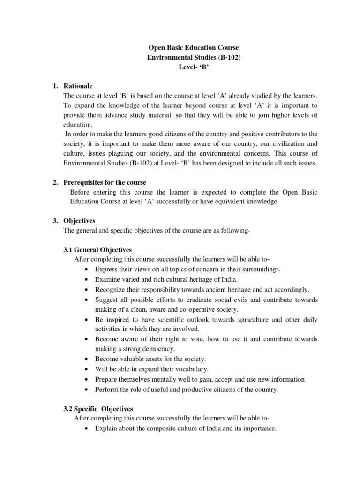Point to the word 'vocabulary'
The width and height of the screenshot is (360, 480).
pos(182,369)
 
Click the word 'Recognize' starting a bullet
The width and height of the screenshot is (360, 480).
pos(111,289)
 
